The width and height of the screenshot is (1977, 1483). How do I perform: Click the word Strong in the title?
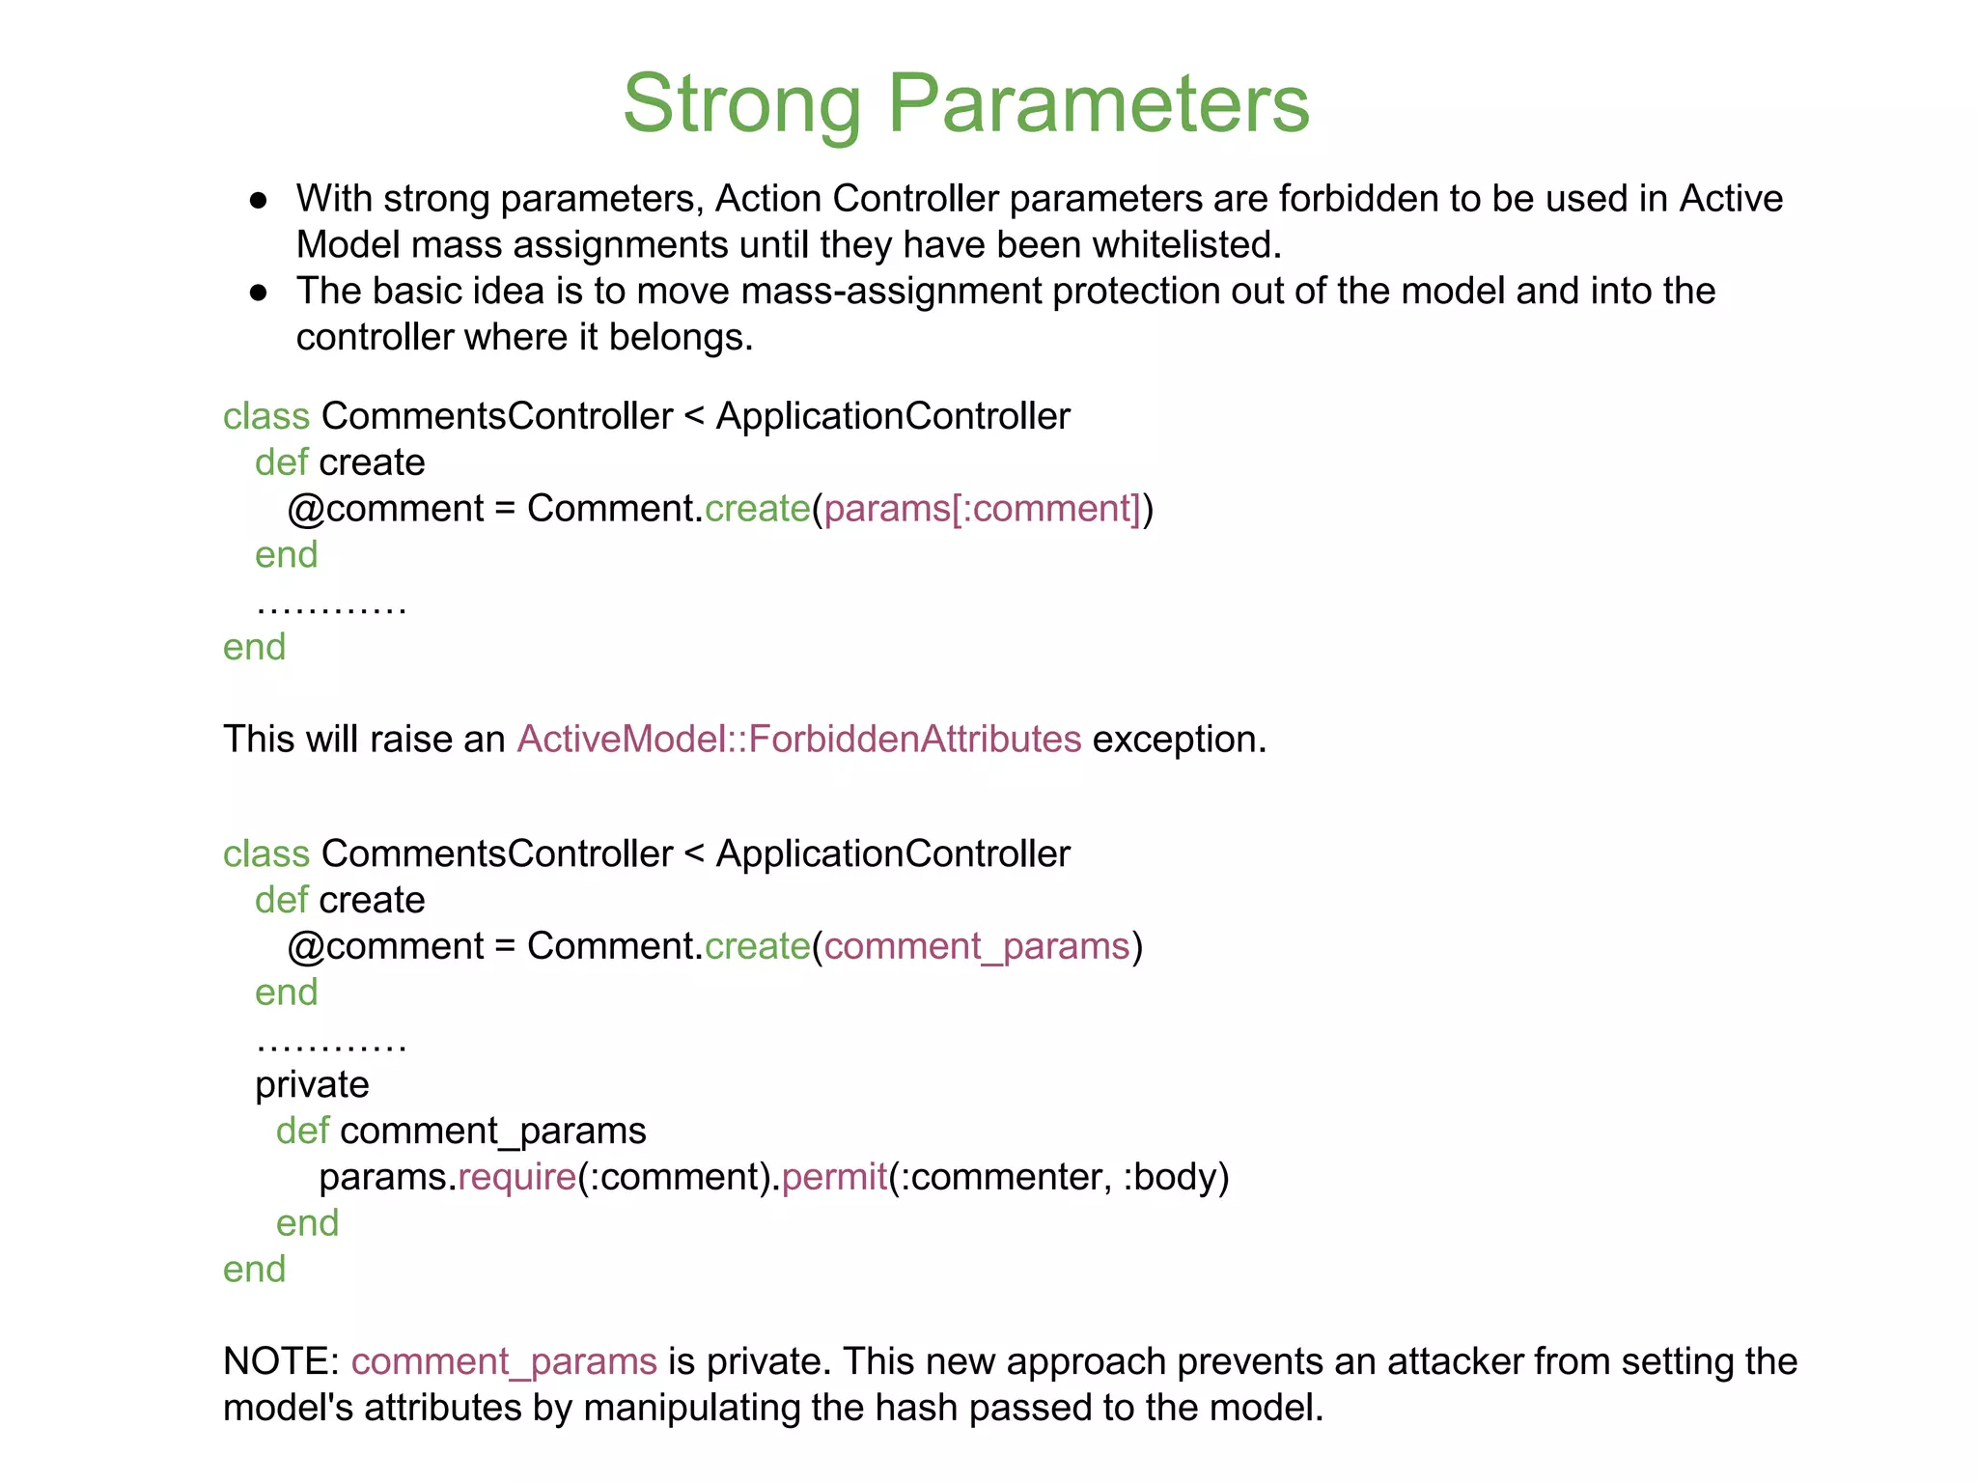[x=741, y=103]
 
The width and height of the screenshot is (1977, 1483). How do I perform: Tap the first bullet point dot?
[x=258, y=200]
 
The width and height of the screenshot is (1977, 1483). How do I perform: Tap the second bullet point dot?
[x=258, y=293]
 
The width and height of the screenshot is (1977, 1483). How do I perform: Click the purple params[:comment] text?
[x=983, y=509]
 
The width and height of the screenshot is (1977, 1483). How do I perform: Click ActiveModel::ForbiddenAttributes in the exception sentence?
[x=799, y=740]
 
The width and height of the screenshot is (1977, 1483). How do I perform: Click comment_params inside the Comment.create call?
[x=976, y=946]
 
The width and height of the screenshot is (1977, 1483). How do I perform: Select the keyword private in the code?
[x=312, y=1085]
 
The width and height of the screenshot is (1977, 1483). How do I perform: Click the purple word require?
[x=516, y=1178]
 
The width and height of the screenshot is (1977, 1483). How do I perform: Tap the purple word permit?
[x=834, y=1178]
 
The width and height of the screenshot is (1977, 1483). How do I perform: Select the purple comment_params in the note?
[x=504, y=1362]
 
